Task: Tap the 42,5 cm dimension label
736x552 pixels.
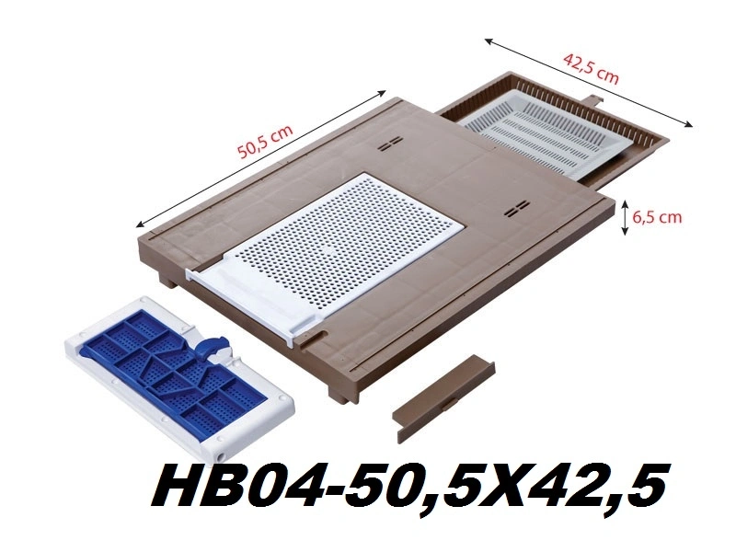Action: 591,69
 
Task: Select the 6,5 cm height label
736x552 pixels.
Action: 657,217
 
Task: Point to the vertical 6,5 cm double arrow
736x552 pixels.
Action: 625,217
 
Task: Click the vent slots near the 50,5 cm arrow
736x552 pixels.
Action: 391,144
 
